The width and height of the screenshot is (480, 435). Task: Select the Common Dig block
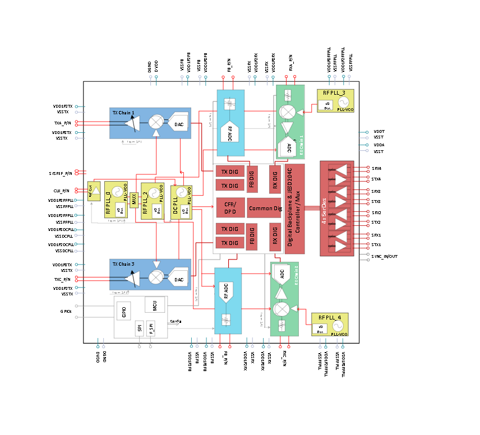click(x=264, y=208)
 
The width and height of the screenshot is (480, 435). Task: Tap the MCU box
click(x=154, y=306)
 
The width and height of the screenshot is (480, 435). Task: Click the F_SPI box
click(x=151, y=329)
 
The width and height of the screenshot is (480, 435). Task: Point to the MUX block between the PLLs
click(x=134, y=200)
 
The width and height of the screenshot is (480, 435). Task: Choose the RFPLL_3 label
click(x=334, y=92)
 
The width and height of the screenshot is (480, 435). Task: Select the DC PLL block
click(x=177, y=202)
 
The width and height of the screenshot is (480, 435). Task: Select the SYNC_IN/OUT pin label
click(x=384, y=256)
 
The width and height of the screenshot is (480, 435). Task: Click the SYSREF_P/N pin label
click(x=61, y=174)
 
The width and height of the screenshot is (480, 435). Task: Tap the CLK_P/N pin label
click(x=62, y=191)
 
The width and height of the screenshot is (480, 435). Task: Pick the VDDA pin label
click(x=379, y=145)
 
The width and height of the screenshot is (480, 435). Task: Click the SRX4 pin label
click(x=376, y=168)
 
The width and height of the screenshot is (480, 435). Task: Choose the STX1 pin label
click(x=376, y=244)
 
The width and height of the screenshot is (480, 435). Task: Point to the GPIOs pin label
click(x=66, y=311)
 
